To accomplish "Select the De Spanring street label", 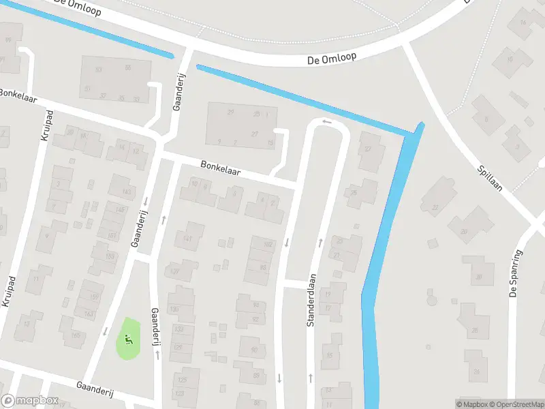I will coord(515,274).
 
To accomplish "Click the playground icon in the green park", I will coord(127,337).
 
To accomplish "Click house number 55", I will coord(127,67).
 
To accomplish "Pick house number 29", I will coord(230,112).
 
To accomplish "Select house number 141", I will coord(187,237).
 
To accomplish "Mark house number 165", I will coord(76,335).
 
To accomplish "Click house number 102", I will coord(268,243).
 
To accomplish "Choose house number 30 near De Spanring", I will coord(480,277).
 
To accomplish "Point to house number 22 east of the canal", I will coord(435,207).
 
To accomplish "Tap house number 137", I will coord(175,271).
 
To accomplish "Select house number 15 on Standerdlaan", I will coord(331,356).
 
